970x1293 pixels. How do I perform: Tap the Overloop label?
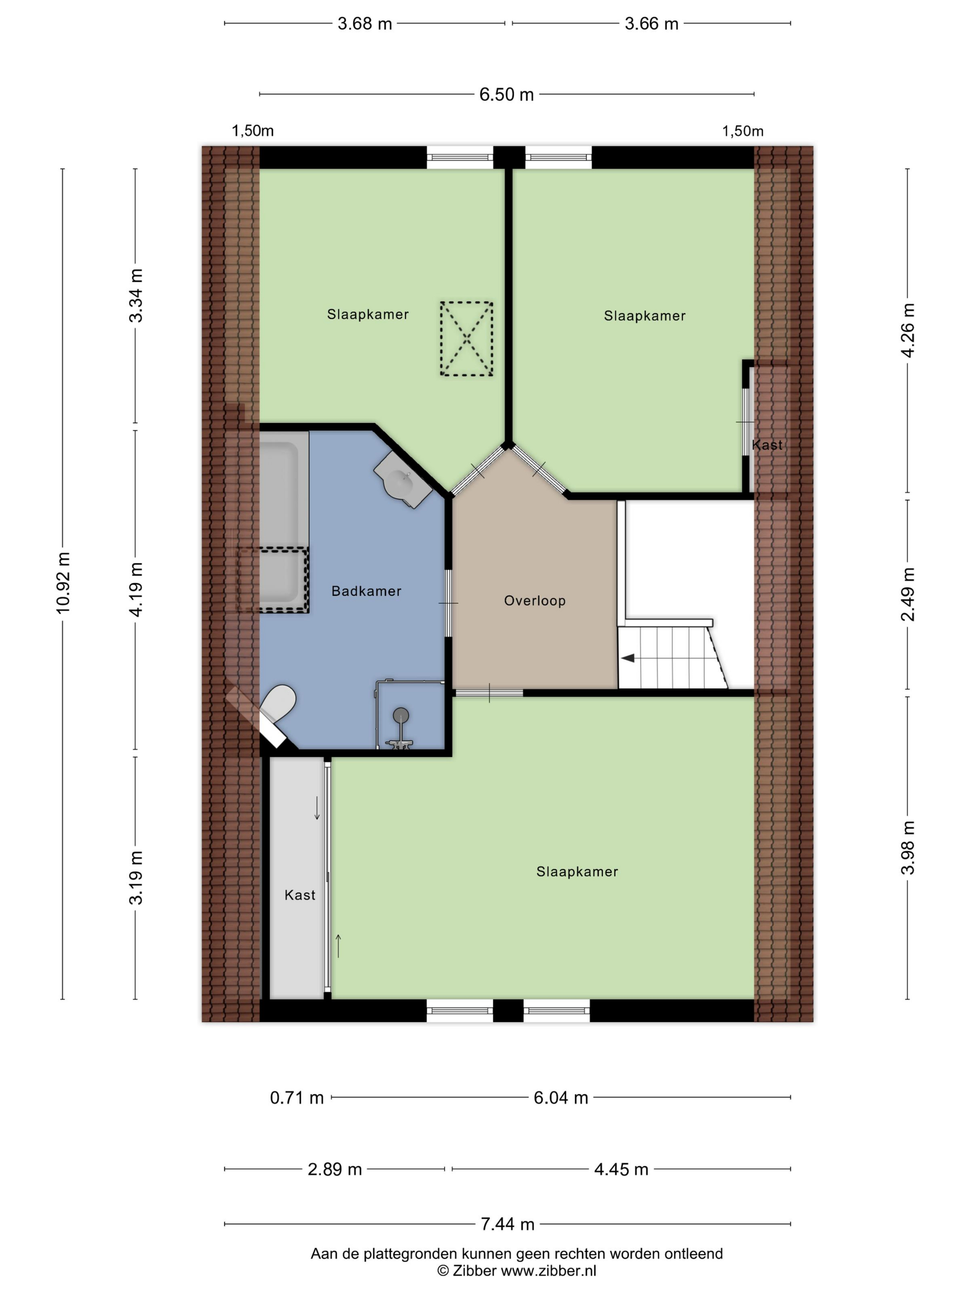point(534,600)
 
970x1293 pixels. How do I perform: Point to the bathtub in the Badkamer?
point(284,520)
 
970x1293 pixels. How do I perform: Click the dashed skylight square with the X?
point(466,338)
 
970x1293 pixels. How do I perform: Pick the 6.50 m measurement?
point(506,94)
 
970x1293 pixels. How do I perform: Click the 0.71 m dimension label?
point(297,1098)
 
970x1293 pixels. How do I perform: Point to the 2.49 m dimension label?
point(908,594)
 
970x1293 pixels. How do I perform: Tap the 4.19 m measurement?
point(136,589)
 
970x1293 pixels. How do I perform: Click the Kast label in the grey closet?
point(299,895)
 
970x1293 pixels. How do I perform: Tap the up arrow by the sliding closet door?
point(338,946)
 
